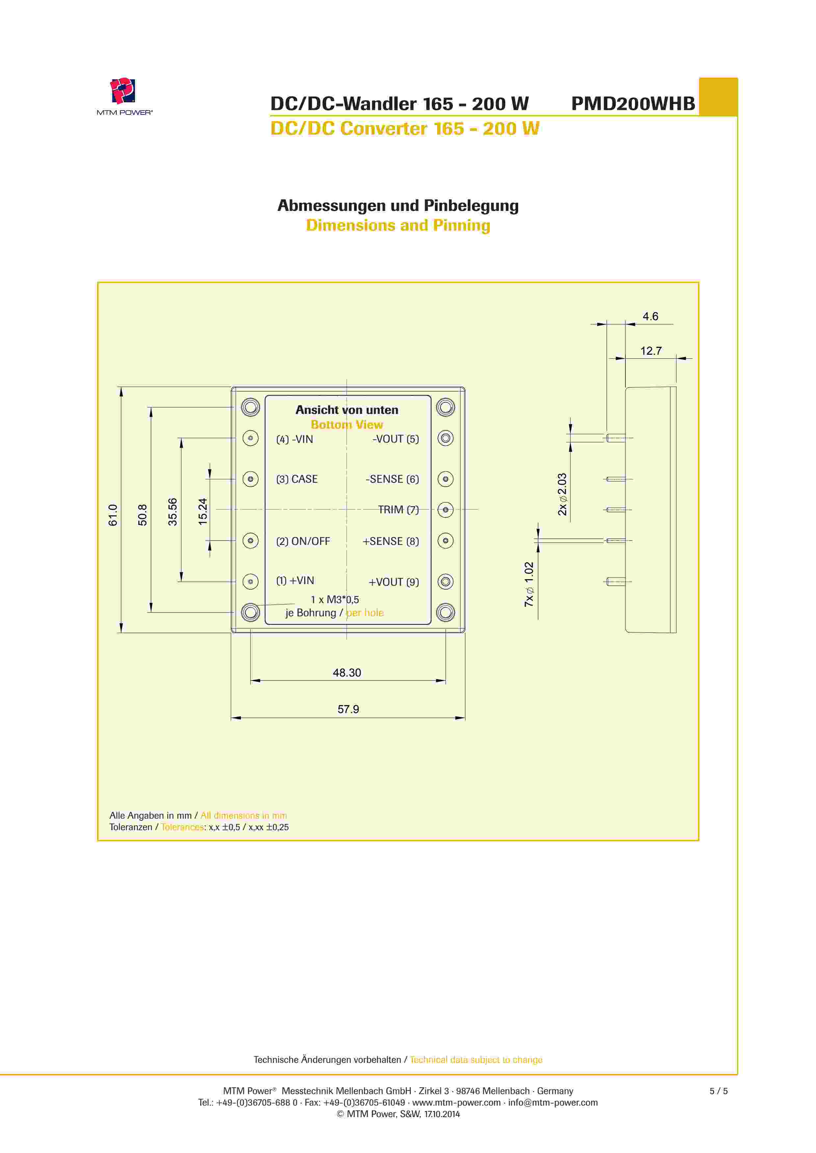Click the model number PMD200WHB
[x=633, y=103]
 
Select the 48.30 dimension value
[x=347, y=672]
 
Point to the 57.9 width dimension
[x=348, y=709]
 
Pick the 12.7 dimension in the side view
[x=651, y=350]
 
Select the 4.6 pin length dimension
[x=650, y=316]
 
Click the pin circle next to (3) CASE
[x=250, y=479]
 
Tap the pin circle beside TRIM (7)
[x=445, y=510]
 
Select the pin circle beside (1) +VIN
[x=250, y=581]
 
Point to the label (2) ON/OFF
[x=303, y=541]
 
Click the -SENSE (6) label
[x=392, y=479]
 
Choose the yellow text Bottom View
[x=347, y=424]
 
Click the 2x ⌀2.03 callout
[x=562, y=494]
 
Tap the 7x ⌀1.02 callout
[x=529, y=584]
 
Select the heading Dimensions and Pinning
[x=398, y=225]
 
